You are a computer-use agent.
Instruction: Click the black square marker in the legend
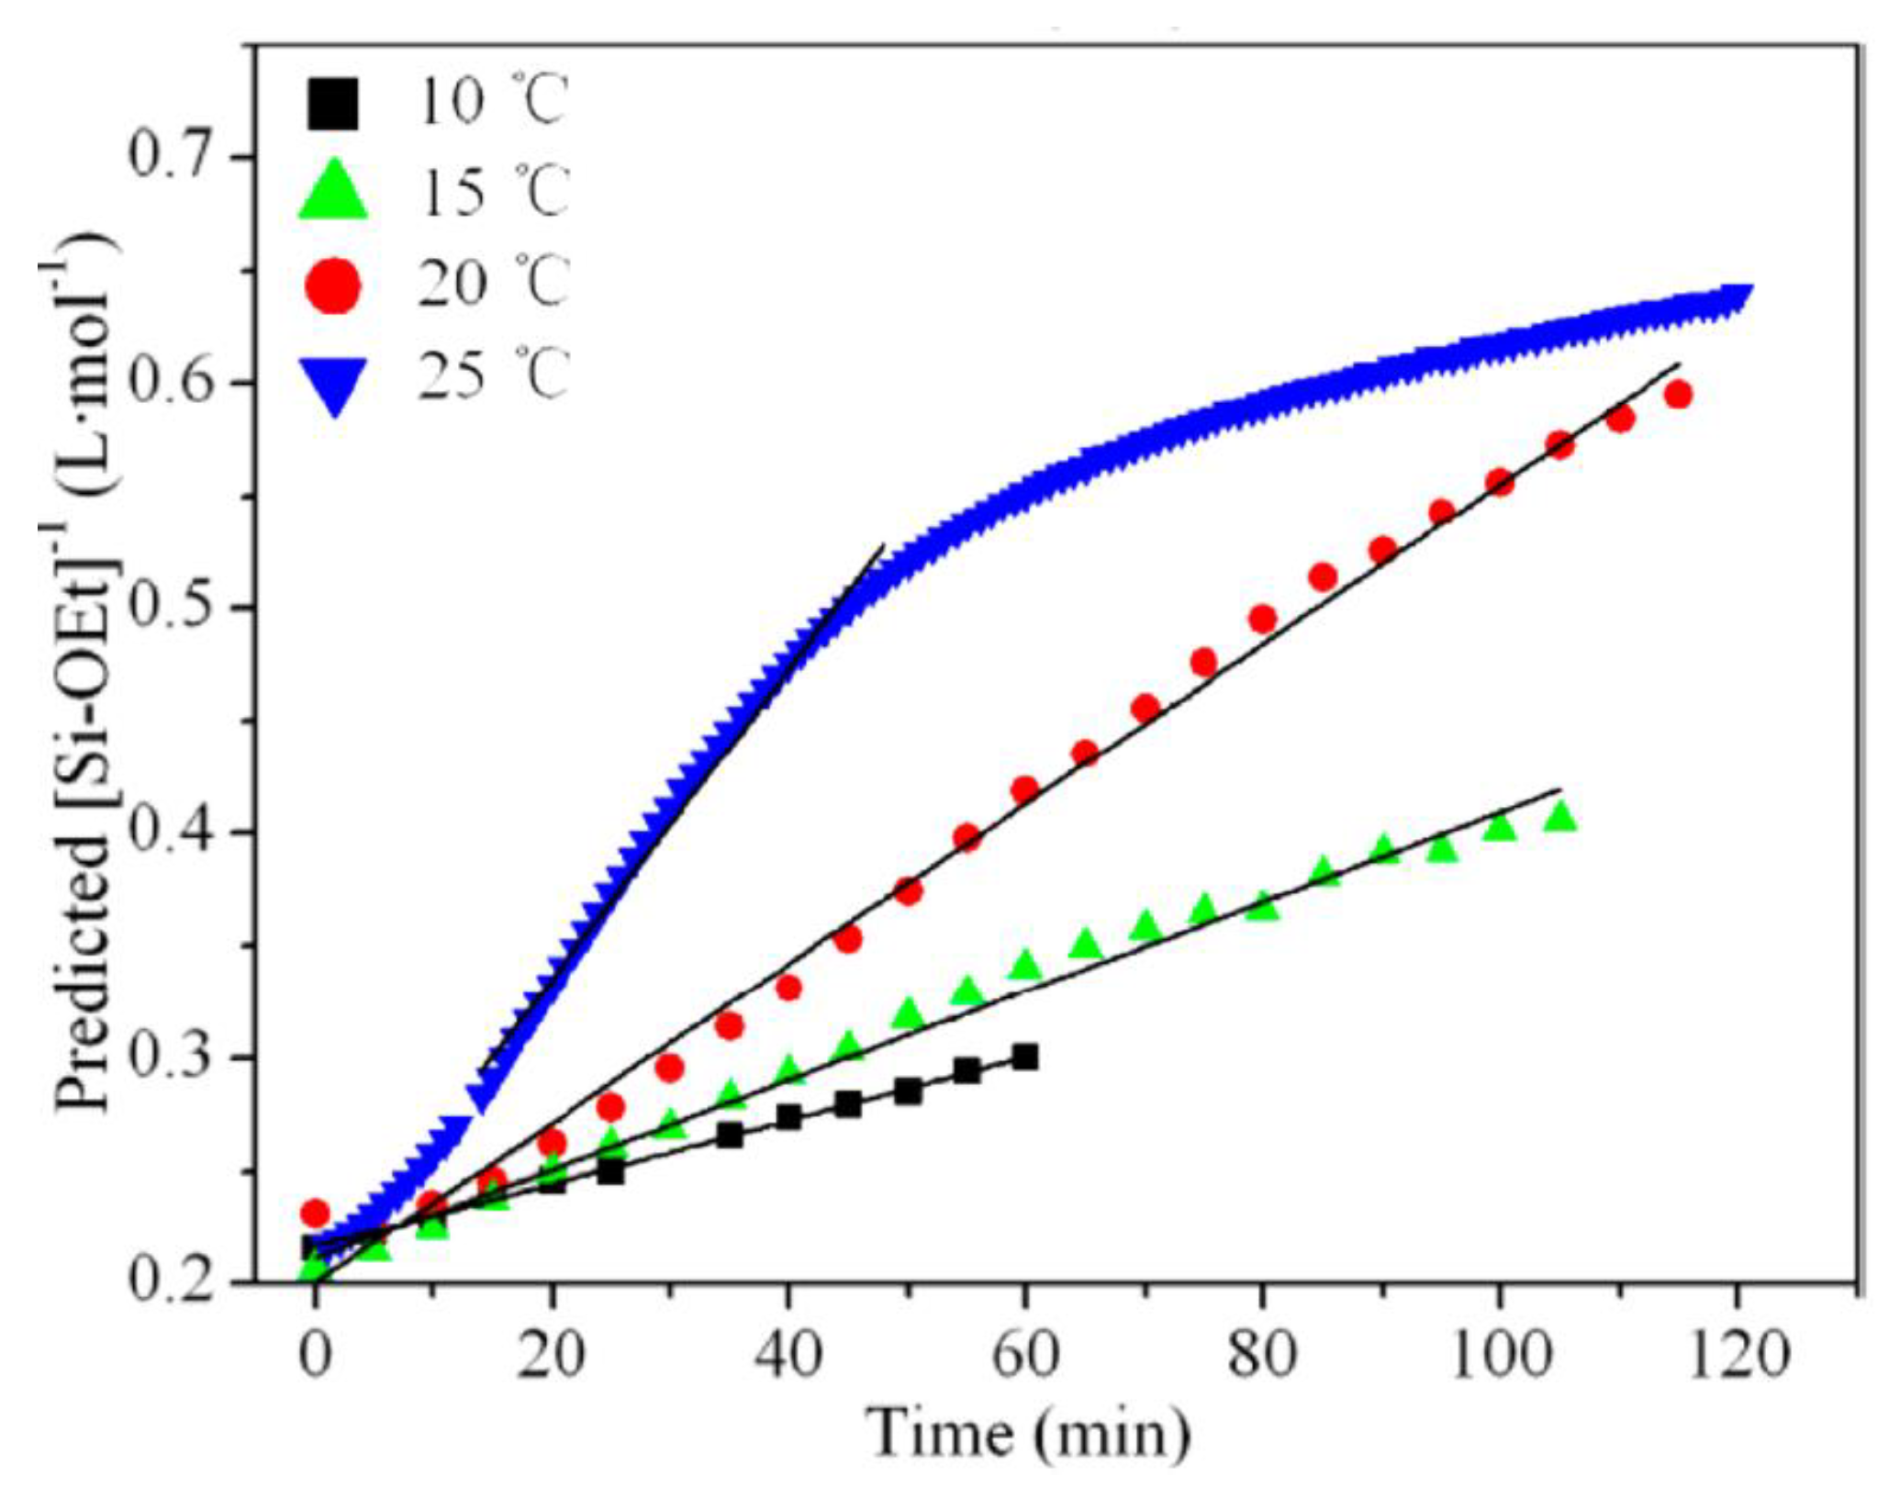pos(334,104)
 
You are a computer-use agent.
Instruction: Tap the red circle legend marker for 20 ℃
pos(334,285)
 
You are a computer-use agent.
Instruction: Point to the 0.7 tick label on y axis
pos(175,157)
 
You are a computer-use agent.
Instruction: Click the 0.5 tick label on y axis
pos(175,608)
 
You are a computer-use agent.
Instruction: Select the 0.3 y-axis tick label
pos(175,1058)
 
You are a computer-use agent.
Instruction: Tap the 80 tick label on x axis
pos(1263,1355)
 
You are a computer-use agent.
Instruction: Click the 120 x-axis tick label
pos(1736,1355)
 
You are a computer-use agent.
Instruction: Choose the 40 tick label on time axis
pos(788,1355)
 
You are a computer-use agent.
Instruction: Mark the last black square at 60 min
pos(1025,1057)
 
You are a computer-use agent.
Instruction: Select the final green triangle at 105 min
pos(1559,816)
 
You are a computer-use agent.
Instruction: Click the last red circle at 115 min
pos(1678,395)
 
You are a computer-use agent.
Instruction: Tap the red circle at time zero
pos(315,1213)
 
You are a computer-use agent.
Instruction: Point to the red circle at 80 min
pos(1263,620)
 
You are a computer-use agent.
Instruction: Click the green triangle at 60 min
pos(1025,966)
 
